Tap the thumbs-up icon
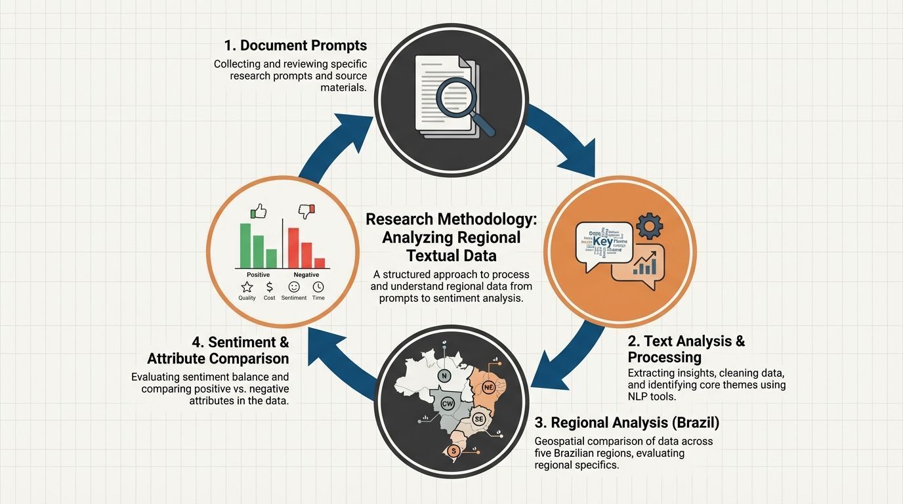coord(259,211)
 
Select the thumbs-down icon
coord(306,211)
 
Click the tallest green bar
coord(245,245)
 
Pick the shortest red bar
coord(320,262)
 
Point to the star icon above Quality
coord(247,287)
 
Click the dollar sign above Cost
coord(270,287)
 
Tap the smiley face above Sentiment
coord(293,287)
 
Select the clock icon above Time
coord(318,287)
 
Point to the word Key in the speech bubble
coord(602,241)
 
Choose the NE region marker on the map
coord(488,387)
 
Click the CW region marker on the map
coord(448,404)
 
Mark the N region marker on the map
coord(444,376)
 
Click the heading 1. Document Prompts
coord(295,45)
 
